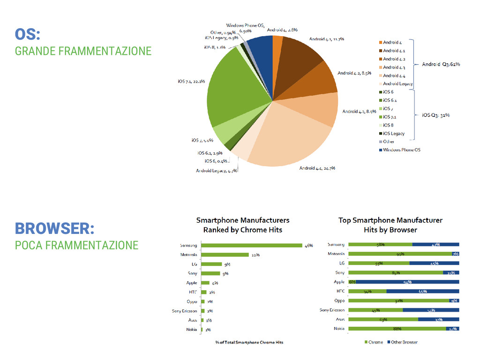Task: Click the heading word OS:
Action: click(28, 34)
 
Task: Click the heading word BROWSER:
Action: click(55, 229)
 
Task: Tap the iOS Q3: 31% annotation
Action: click(436, 115)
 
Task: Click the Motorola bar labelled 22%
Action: click(225, 255)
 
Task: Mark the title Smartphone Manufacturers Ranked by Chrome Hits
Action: click(243, 225)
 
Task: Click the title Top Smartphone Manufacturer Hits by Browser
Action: click(390, 225)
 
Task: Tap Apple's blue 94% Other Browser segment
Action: click(407, 282)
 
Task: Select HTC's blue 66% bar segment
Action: click(422, 291)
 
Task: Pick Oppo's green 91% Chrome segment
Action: click(399, 300)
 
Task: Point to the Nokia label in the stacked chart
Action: click(339, 329)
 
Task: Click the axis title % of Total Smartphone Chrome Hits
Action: click(249, 342)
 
